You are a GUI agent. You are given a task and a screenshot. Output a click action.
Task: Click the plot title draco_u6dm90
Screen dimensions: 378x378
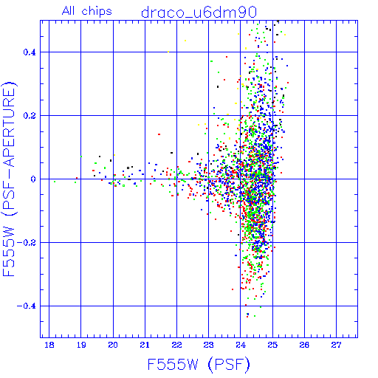pos(199,13)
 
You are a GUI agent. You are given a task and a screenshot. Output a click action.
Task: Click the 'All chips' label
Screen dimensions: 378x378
pos(87,11)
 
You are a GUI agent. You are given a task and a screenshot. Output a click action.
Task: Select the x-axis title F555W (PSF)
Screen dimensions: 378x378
pos(199,365)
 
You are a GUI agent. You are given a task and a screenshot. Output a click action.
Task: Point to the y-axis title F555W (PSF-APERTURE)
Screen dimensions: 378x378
pos(10,179)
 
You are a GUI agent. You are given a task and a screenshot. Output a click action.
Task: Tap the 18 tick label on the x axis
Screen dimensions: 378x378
pos(49,345)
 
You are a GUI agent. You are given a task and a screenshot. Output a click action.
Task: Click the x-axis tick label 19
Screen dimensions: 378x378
pos(81,345)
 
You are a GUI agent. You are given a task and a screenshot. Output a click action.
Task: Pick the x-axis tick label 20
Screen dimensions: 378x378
pos(113,345)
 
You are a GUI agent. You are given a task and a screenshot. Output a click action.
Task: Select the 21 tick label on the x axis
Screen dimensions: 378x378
pos(145,345)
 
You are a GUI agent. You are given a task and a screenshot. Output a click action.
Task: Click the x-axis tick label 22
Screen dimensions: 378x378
pos(176,345)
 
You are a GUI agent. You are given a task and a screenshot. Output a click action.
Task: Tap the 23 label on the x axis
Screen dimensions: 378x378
pos(209,345)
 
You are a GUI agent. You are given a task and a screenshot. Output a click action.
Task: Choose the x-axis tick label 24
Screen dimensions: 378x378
pos(241,345)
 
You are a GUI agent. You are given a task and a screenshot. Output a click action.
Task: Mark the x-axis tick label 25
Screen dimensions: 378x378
pos(272,345)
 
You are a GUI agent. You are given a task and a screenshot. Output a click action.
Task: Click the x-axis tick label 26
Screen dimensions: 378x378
pos(304,345)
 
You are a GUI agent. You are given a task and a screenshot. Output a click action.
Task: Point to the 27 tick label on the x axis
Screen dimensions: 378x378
pos(336,345)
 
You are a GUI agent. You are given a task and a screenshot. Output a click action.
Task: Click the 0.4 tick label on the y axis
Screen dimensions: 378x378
pos(30,52)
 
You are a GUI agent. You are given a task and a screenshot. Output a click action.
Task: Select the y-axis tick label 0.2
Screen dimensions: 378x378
pos(30,116)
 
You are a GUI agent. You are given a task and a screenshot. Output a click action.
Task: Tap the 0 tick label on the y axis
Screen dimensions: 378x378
pos(33,179)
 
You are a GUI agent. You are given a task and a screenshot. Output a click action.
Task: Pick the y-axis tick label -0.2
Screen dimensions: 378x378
pos(27,243)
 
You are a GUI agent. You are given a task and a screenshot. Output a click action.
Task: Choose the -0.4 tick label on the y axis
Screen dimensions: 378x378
pos(27,306)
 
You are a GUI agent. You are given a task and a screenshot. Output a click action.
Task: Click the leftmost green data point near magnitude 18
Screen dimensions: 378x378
pos(55,182)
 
